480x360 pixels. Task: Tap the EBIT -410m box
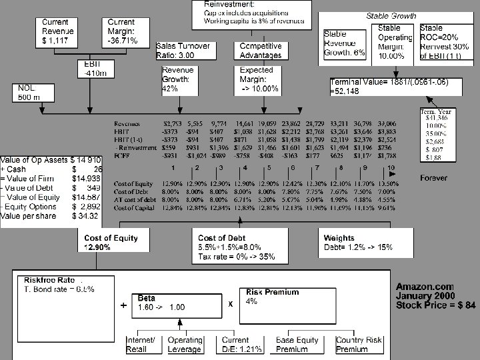point(91,69)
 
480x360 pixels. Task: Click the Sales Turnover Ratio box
point(184,50)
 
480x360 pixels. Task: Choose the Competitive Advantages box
point(260,50)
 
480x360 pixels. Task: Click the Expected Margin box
point(261,79)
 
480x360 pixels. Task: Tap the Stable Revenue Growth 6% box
point(344,44)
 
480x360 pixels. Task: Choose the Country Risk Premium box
point(359,345)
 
